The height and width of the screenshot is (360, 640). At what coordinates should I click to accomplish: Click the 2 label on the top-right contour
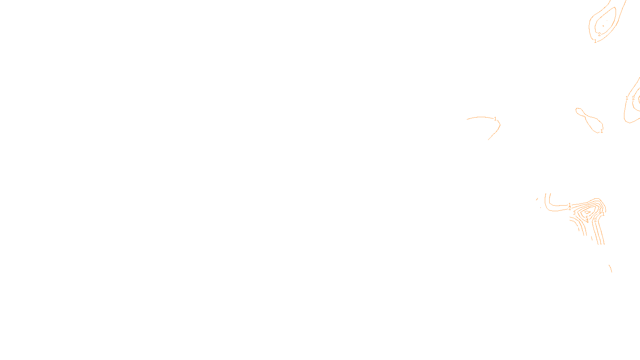click(x=599, y=34)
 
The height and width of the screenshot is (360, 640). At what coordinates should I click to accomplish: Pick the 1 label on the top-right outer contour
click(x=595, y=41)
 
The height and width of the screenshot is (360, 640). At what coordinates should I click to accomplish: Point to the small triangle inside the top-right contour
click(x=604, y=26)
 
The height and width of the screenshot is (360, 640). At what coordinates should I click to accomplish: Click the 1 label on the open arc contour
click(x=495, y=119)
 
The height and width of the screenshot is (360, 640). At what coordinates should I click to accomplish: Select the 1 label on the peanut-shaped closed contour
click(x=602, y=131)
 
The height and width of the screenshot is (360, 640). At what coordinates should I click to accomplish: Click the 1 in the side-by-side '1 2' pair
click(x=627, y=98)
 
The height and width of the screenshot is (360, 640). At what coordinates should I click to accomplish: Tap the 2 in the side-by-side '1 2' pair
click(x=633, y=98)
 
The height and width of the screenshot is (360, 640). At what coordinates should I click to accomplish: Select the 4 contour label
click(x=587, y=221)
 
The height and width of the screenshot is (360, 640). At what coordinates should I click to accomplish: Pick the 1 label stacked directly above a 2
click(x=570, y=205)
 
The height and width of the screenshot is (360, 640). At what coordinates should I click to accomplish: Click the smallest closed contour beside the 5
click(x=587, y=212)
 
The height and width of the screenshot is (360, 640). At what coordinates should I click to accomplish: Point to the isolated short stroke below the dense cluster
click(x=610, y=268)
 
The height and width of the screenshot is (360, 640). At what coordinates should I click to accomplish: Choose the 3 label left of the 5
click(x=574, y=213)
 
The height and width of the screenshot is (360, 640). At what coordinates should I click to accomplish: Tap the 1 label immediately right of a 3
click(x=603, y=214)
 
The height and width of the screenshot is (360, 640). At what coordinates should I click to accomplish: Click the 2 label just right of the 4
click(x=595, y=220)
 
